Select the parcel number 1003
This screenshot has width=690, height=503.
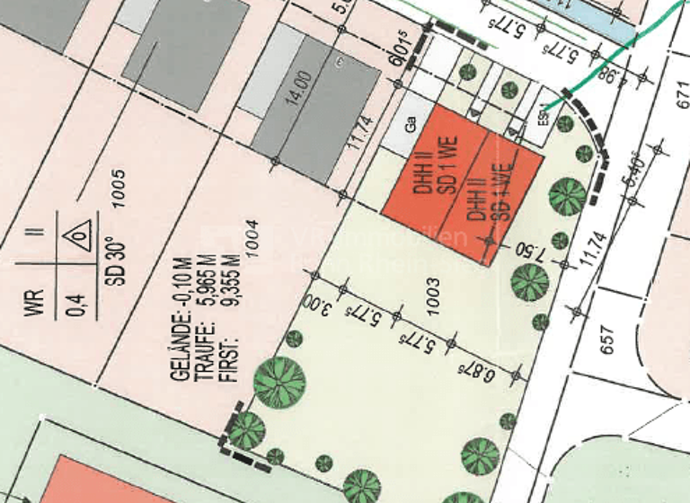434,295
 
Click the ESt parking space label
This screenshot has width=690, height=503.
544,119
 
